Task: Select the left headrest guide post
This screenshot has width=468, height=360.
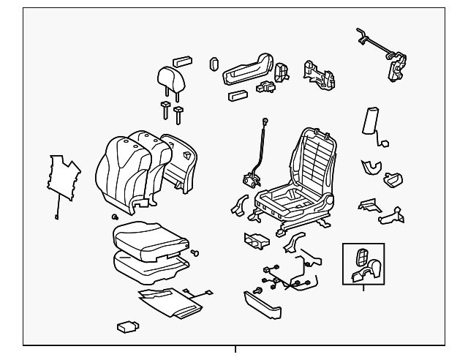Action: click(165, 110)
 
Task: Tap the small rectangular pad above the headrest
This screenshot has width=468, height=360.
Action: click(182, 61)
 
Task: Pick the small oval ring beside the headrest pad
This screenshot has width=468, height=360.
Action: click(214, 63)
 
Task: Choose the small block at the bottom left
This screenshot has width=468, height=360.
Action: click(127, 326)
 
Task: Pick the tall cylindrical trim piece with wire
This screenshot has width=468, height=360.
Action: click(369, 121)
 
